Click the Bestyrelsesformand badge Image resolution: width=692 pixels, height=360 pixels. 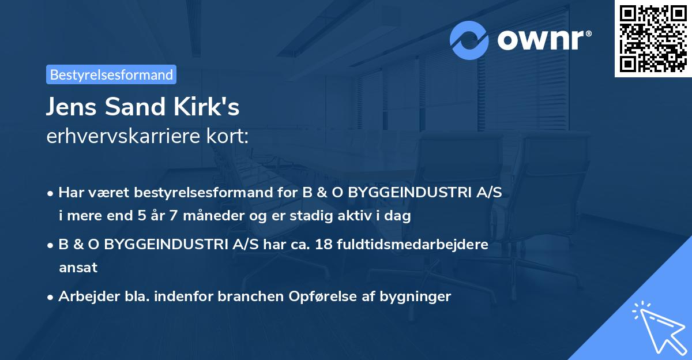[x=111, y=74]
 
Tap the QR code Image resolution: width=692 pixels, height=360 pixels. [x=653, y=39]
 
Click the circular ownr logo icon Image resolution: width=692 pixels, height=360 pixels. [x=469, y=40]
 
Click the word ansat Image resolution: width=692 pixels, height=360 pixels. [x=78, y=268]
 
